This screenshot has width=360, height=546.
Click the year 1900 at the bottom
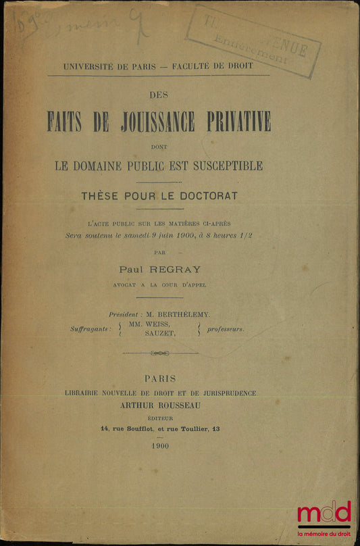coord(161,446)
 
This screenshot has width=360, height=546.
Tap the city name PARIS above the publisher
coord(160,379)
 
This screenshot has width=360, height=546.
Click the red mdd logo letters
coord(324,513)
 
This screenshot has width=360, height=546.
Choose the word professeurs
coord(226,330)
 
